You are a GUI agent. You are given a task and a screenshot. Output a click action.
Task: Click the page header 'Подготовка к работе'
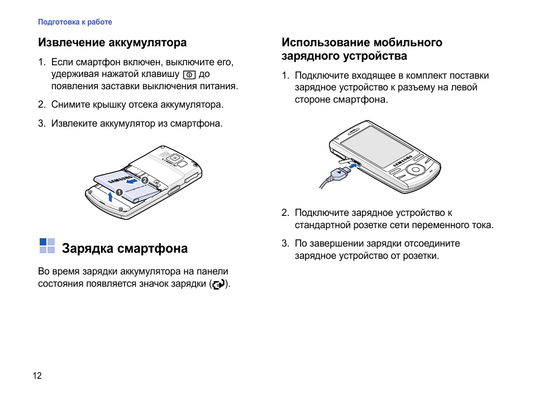point(75,22)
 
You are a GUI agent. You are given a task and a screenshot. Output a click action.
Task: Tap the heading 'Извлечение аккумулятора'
point(112,42)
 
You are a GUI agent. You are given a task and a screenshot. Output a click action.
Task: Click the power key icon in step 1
point(189,74)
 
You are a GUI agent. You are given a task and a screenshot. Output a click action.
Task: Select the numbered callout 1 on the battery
point(119,192)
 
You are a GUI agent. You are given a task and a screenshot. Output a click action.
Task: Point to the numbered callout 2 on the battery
point(145,180)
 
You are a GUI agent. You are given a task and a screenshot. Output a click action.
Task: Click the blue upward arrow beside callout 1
point(110,196)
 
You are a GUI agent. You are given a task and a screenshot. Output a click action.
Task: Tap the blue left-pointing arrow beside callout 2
point(132,181)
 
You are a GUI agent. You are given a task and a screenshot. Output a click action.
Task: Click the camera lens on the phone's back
point(175,158)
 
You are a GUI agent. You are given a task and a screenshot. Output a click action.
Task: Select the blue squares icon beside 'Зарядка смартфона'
point(47,246)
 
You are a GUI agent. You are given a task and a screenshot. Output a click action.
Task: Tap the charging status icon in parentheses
point(218,284)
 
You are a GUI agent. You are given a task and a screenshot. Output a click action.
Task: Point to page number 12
point(37,375)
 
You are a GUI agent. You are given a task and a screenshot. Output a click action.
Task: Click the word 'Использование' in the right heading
point(326,42)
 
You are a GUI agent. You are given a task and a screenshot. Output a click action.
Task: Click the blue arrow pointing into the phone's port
point(353,165)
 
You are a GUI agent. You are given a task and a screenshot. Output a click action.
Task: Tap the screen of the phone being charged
point(377,147)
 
